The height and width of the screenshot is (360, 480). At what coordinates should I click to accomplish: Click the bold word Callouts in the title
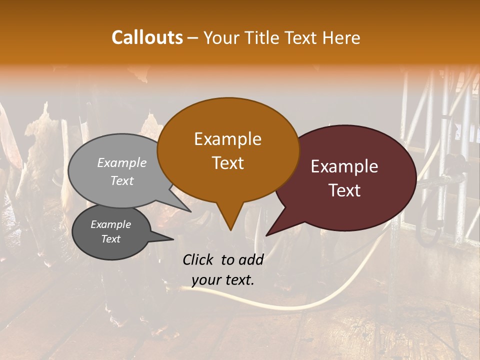click(147, 37)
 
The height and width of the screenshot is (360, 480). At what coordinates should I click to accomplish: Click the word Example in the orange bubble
click(227, 139)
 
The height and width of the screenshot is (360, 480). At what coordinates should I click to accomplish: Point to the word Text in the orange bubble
click(227, 163)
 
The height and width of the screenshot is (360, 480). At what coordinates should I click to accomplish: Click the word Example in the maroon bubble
click(344, 166)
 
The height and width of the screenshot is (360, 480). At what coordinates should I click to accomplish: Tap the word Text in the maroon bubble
click(344, 190)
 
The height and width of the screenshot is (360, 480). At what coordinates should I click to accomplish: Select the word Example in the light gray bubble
click(122, 162)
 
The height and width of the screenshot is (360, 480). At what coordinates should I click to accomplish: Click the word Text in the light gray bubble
click(122, 180)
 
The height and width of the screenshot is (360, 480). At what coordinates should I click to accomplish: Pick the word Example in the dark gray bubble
click(111, 224)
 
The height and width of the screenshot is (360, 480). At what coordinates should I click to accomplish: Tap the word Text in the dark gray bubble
click(111, 239)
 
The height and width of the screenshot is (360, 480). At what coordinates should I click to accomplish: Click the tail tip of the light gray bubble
click(190, 211)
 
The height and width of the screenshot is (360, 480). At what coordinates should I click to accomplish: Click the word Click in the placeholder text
click(198, 259)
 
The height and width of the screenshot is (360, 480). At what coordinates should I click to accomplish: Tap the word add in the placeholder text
click(251, 259)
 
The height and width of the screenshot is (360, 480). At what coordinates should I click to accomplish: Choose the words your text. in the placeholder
click(223, 280)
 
